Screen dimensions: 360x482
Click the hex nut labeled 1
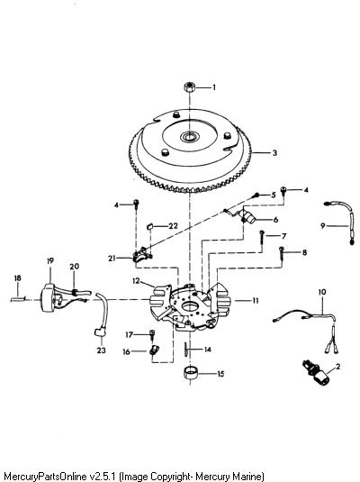(190, 86)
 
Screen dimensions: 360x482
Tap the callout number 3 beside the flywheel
(274, 153)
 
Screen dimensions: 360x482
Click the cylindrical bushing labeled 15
(191, 373)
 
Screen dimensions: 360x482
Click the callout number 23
(101, 350)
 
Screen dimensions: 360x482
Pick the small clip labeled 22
(149, 226)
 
